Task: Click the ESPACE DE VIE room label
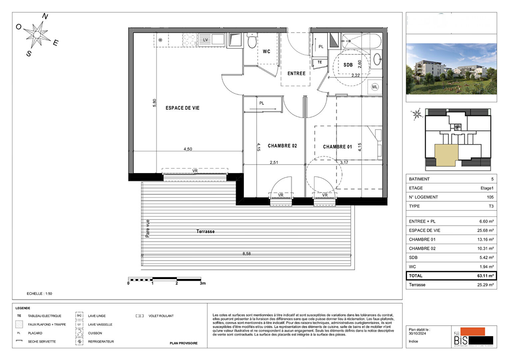pos(182,108)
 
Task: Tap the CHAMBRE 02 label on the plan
pos(282,146)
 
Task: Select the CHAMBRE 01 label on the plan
pos(337,147)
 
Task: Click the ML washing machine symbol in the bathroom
pos(375,87)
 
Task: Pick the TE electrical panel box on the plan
pos(319,62)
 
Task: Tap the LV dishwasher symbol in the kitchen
pos(206,40)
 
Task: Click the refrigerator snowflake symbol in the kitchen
pos(160,40)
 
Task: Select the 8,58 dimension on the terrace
pos(247,254)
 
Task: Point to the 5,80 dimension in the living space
pos(155,103)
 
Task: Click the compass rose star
pos(37,34)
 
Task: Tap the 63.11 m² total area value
pos(485,276)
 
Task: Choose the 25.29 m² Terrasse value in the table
pos(485,285)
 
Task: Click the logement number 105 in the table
pos(490,197)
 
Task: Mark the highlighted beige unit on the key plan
pos(446,155)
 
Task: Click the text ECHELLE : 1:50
pos(39,294)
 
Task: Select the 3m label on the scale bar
pos(203,283)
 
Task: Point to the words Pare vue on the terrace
pos(148,228)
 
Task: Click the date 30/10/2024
pos(417,334)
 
